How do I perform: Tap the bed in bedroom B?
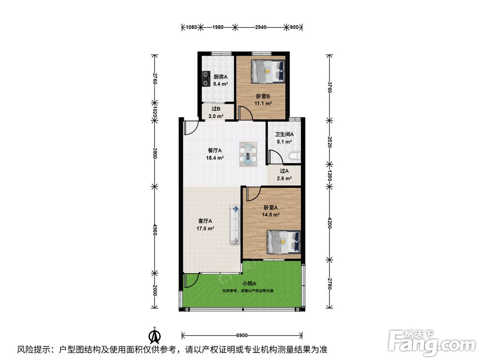coord(268,71)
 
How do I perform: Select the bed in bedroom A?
coord(283,242)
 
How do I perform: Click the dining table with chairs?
coord(248,154)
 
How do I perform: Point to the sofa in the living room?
coord(235,225)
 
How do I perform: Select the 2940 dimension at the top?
coord(261,27)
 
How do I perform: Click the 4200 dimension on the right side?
coord(330,223)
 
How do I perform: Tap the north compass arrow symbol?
coord(155,335)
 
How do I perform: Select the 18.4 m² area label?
coord(215,158)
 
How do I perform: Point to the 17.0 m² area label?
coord(205,229)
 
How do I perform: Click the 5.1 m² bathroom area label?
coord(284,142)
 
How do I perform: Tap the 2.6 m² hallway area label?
coord(284,179)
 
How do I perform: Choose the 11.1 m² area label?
coord(263,104)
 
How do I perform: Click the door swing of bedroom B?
coord(246,112)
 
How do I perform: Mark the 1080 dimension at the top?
coord(191,27)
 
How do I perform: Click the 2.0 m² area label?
coord(216,116)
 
